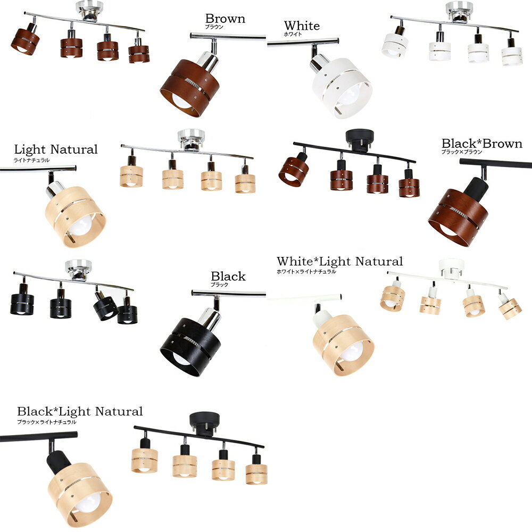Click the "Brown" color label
pos(225,19)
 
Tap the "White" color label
pos(302,26)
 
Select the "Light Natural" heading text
pos(56,149)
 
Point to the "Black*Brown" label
pos(482,144)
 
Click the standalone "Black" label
pos(228,276)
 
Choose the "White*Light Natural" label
pos(339,261)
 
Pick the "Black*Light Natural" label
pos(80,411)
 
